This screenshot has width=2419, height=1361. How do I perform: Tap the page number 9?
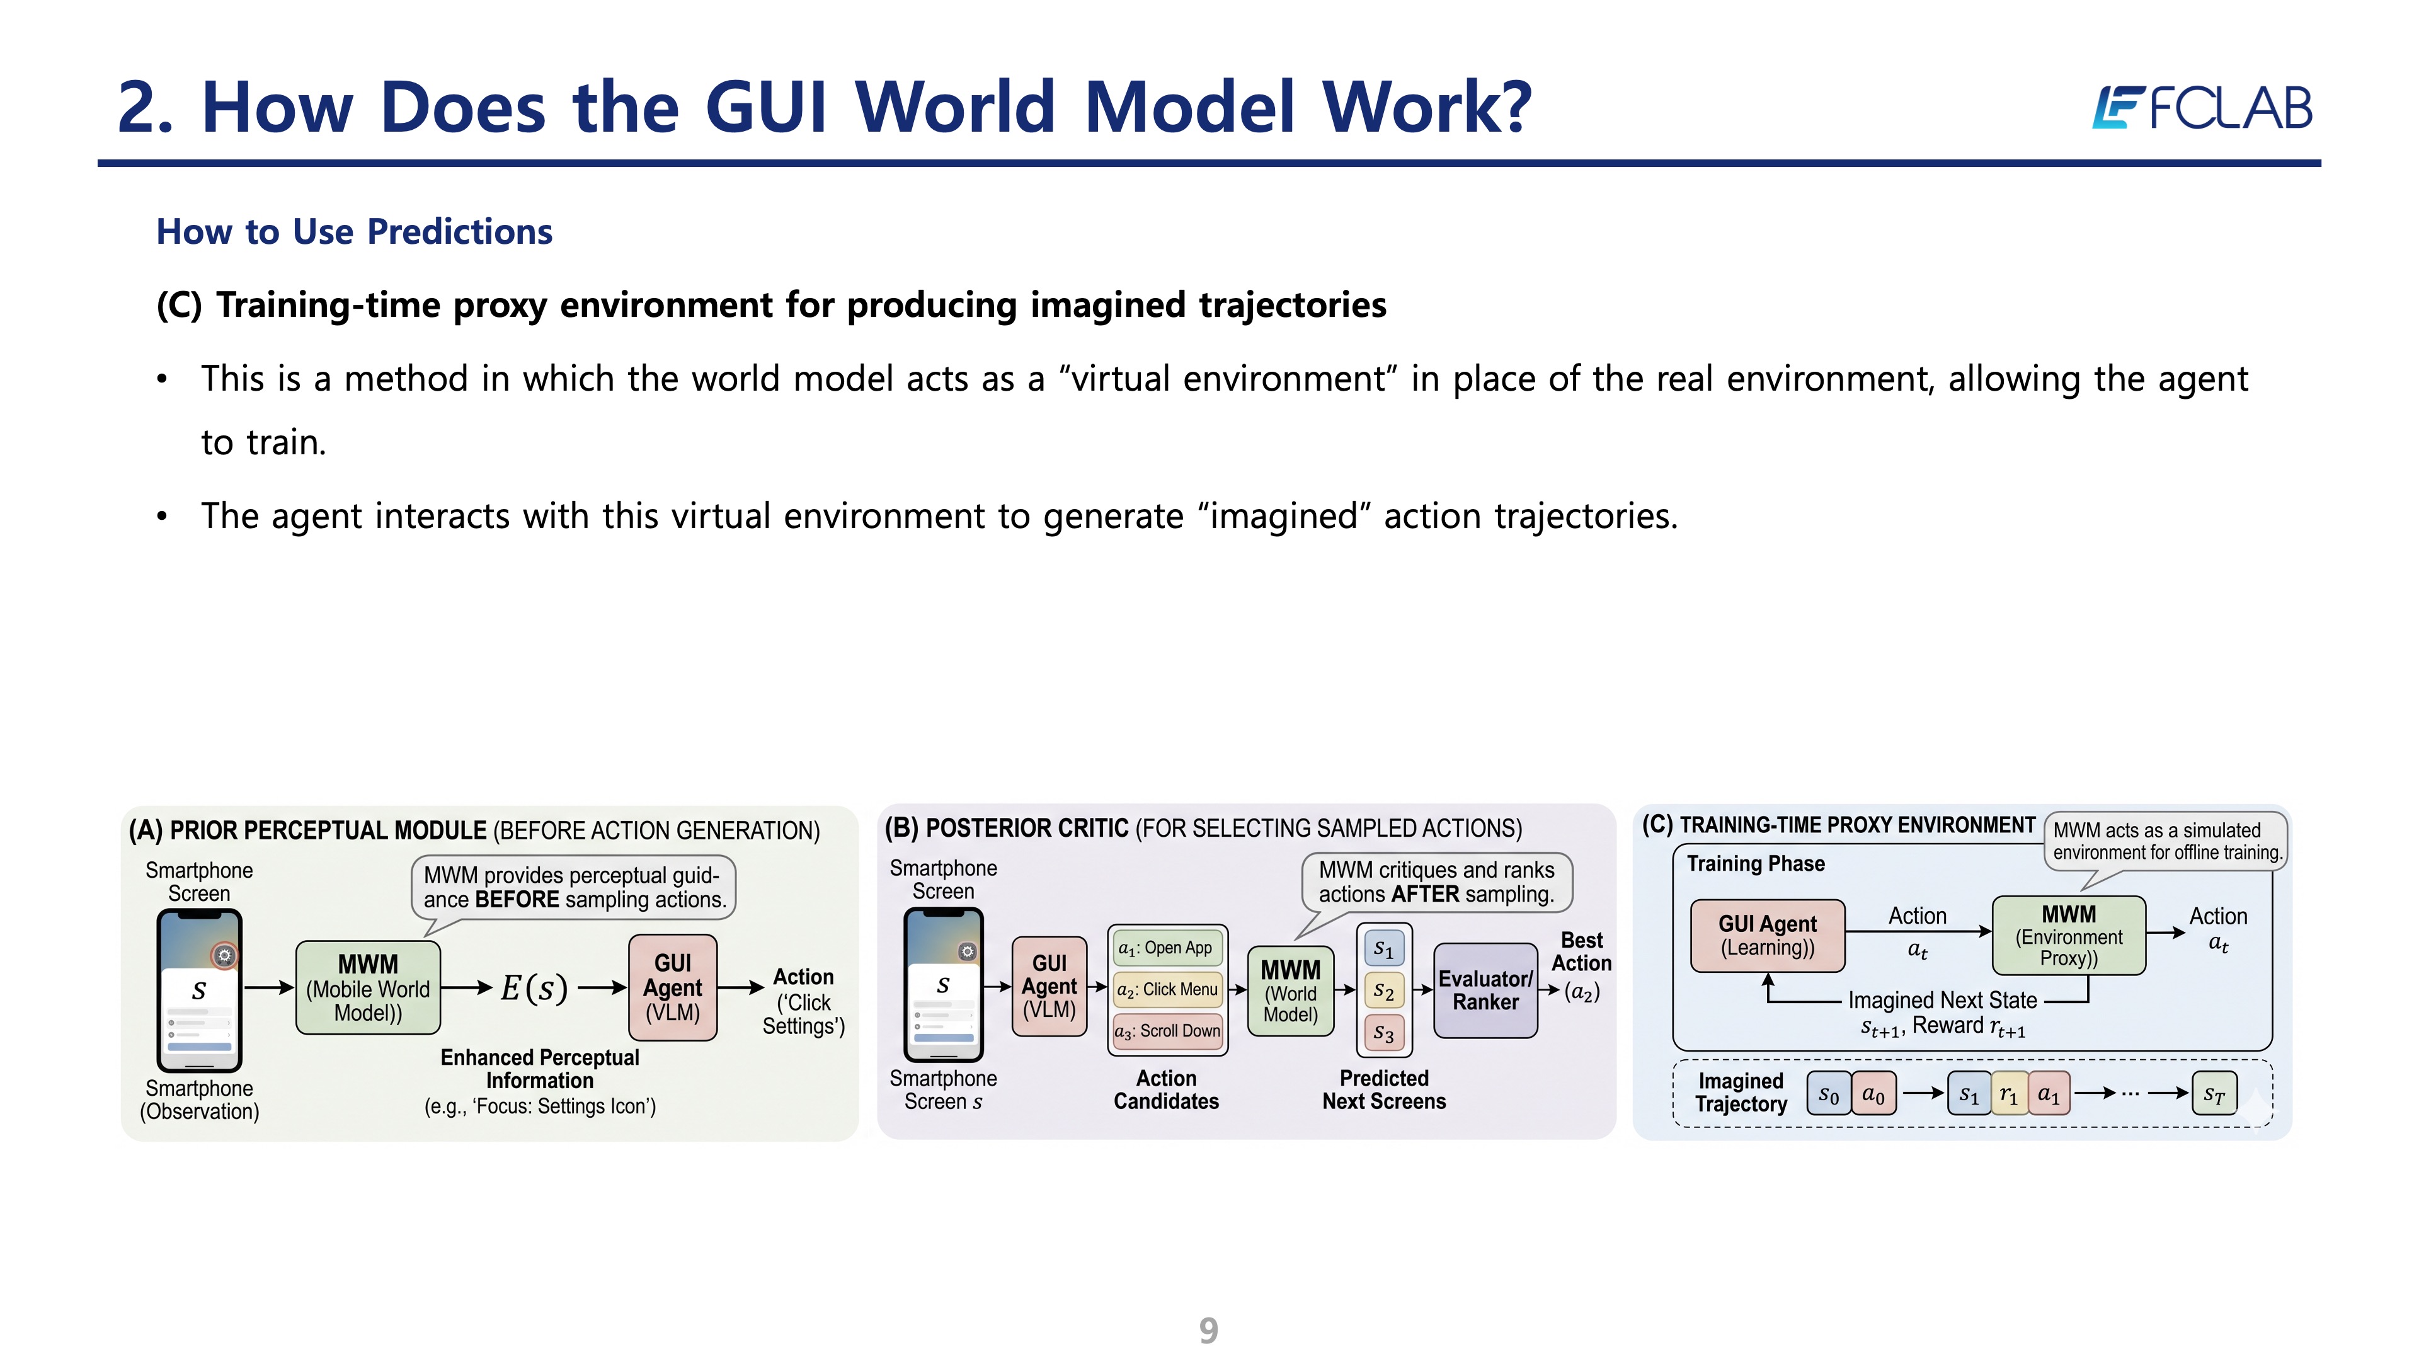point(1209,1331)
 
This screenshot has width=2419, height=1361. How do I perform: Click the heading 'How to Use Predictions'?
point(354,232)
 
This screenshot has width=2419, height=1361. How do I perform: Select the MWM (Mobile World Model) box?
point(368,988)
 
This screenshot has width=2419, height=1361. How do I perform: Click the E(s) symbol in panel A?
point(534,988)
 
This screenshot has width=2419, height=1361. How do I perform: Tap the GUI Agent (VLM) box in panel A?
point(672,987)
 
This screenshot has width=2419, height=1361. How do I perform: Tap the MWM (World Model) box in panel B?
point(1290,991)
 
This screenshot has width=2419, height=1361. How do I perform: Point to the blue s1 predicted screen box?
point(1383,949)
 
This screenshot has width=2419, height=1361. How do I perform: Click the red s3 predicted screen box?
point(1383,1033)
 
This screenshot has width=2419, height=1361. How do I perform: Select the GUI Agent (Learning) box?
point(1767,936)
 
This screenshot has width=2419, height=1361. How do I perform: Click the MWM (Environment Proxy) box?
point(2069,936)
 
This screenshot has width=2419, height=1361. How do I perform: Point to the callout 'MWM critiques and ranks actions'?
point(1437,882)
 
